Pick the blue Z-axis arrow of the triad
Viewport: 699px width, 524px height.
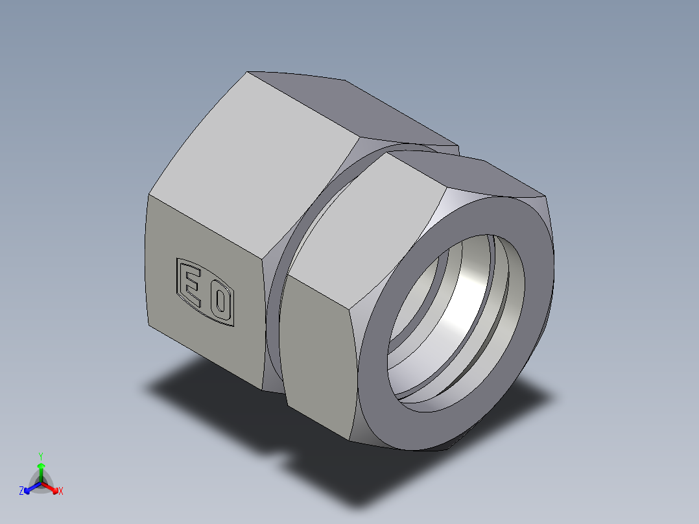(30, 488)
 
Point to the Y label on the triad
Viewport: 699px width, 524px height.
(41, 455)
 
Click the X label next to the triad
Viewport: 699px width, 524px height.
(61, 492)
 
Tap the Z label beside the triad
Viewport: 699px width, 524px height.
(21, 492)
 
